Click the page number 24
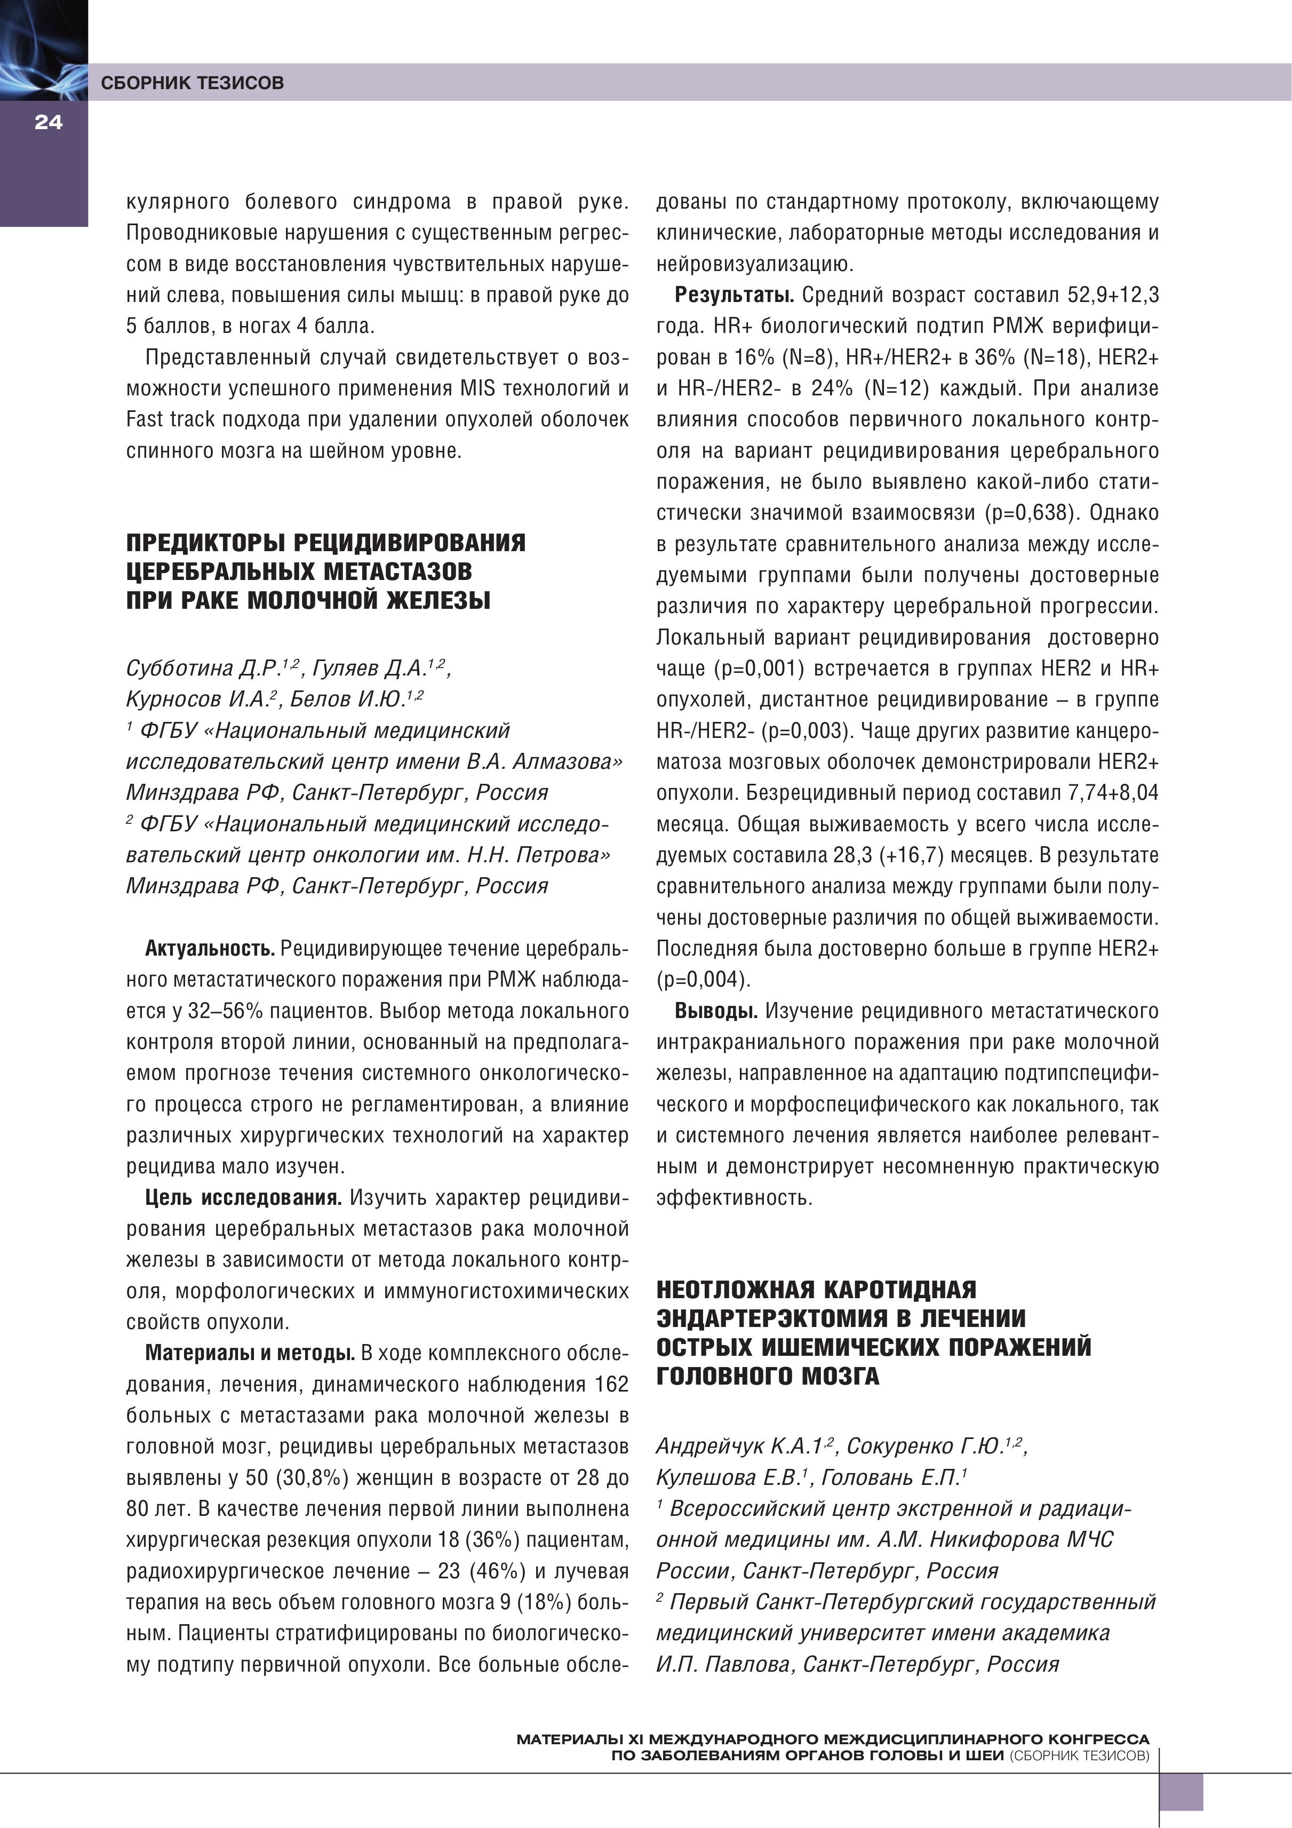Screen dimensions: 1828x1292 click(x=48, y=123)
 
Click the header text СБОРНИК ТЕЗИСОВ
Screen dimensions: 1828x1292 click(x=192, y=83)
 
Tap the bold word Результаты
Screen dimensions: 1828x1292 click(x=734, y=296)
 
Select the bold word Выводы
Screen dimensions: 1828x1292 click(x=715, y=1011)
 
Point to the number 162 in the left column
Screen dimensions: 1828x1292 click(x=611, y=1385)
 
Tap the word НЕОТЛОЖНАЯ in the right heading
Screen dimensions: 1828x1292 click(x=736, y=1289)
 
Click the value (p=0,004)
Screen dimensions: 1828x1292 click(x=703, y=979)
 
